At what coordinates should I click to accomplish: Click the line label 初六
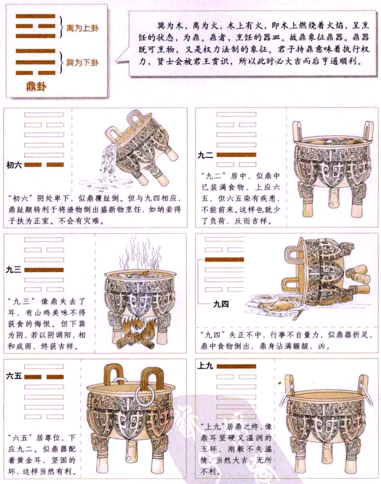pos(14,165)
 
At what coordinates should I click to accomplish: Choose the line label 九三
pos(14,270)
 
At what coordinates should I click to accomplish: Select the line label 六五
pos(14,376)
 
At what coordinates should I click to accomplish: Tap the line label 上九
pos(206,365)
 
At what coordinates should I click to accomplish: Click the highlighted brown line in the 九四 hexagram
pos(224,260)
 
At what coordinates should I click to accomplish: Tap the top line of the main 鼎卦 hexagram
pos(35,17)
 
